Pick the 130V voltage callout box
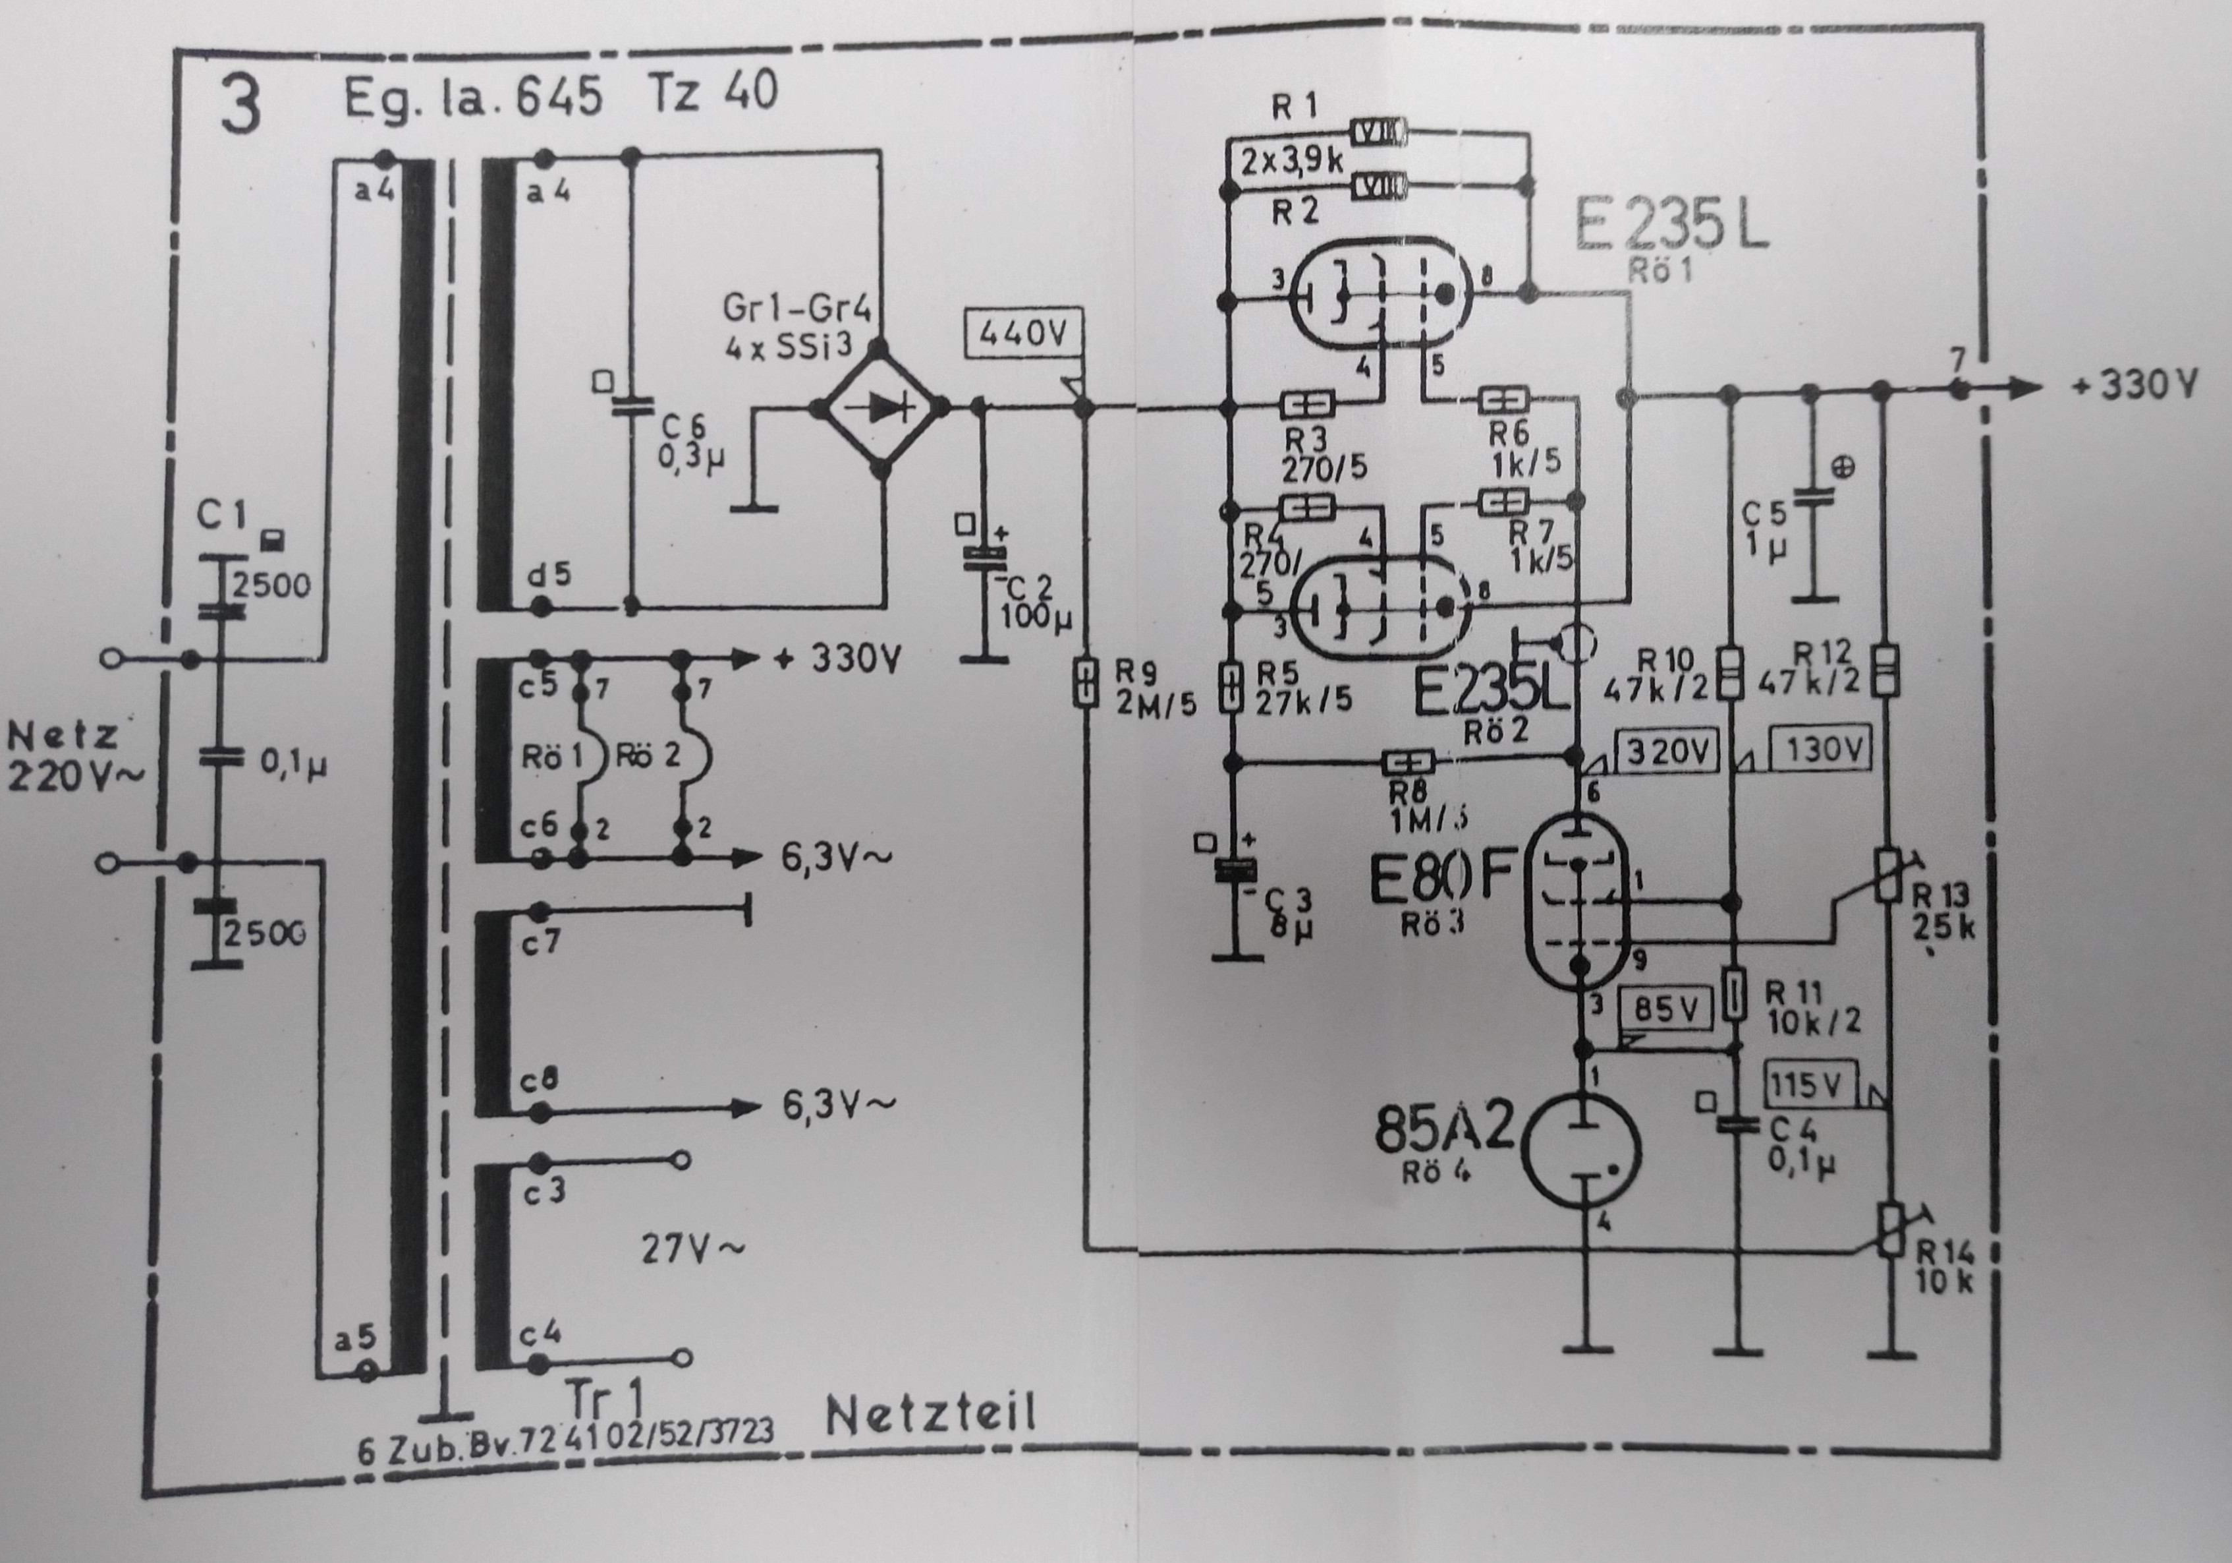click(x=1822, y=749)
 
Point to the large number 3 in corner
click(x=240, y=107)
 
